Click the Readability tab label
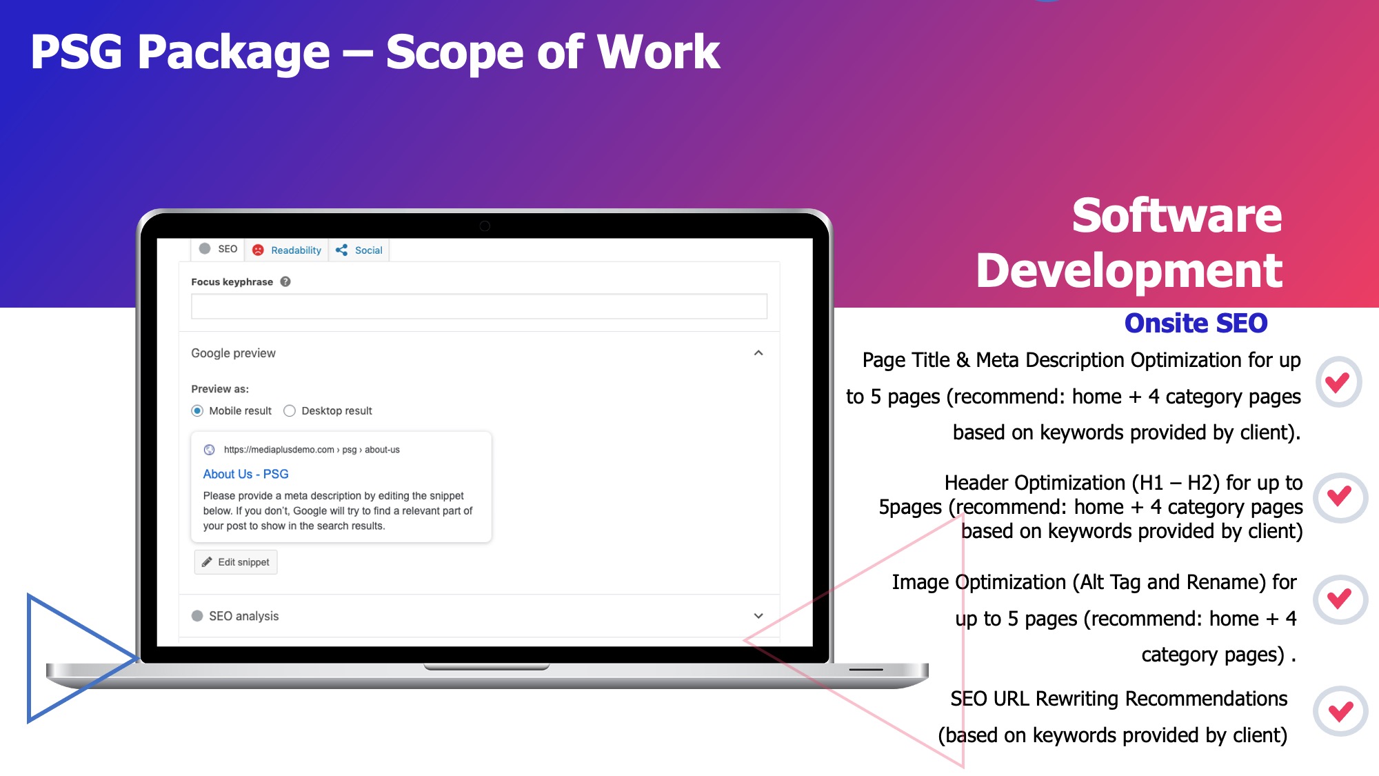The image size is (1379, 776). [296, 250]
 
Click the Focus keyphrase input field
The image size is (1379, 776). [479, 306]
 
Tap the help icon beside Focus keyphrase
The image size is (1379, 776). [285, 281]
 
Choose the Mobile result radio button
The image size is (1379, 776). [197, 411]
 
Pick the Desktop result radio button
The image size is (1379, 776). [290, 411]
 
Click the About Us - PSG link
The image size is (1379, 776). [245, 474]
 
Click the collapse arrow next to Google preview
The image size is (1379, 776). [758, 353]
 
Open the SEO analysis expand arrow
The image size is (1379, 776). [758, 616]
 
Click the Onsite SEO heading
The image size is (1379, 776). [1196, 323]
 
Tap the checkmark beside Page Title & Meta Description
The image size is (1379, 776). [1338, 381]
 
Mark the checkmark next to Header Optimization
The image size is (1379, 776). [1340, 497]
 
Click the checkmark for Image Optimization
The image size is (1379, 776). [1340, 599]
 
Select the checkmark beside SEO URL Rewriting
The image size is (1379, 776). [1340, 710]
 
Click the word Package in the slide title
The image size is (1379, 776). [234, 53]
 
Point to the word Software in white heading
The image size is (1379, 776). [1177, 216]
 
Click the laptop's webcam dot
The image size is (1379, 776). [485, 226]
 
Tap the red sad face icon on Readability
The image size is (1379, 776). [258, 250]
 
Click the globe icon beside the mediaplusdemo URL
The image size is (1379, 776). [209, 450]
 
